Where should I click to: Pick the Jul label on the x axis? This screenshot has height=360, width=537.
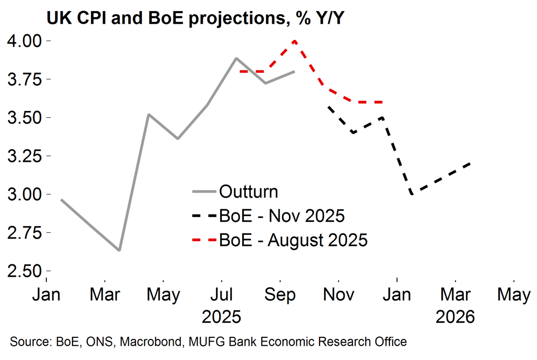click(x=222, y=294)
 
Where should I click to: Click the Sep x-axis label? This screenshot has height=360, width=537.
click(x=280, y=294)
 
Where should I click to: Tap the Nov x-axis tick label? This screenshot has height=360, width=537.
click(x=338, y=294)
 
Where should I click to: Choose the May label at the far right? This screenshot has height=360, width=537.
click(x=513, y=294)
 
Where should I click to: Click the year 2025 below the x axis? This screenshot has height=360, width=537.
click(x=222, y=317)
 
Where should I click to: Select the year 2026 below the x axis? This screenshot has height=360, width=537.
click(x=455, y=317)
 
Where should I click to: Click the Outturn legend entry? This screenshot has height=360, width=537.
click(x=248, y=191)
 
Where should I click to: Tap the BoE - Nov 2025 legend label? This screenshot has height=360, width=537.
click(x=282, y=215)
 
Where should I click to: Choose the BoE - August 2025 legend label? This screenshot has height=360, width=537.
click(x=293, y=240)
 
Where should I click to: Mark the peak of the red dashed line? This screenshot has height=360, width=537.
click(x=294, y=41)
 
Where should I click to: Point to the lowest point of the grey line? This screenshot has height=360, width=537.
click(x=120, y=250)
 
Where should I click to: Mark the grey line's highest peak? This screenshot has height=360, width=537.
click(x=236, y=58)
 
